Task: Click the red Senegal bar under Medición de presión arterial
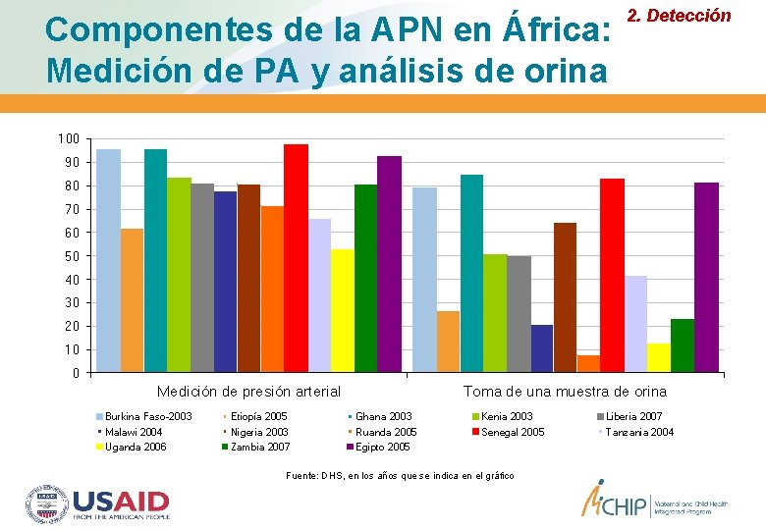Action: click(x=296, y=258)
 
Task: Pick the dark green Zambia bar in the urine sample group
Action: click(x=683, y=345)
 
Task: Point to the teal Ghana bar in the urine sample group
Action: click(x=471, y=274)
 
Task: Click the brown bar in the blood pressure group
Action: click(x=249, y=279)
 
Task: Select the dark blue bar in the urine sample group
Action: click(x=542, y=348)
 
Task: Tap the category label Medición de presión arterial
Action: click(x=248, y=392)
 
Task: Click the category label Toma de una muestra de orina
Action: click(x=565, y=392)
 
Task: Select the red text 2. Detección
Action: click(x=692, y=16)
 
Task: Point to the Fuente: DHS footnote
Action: click(x=399, y=476)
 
